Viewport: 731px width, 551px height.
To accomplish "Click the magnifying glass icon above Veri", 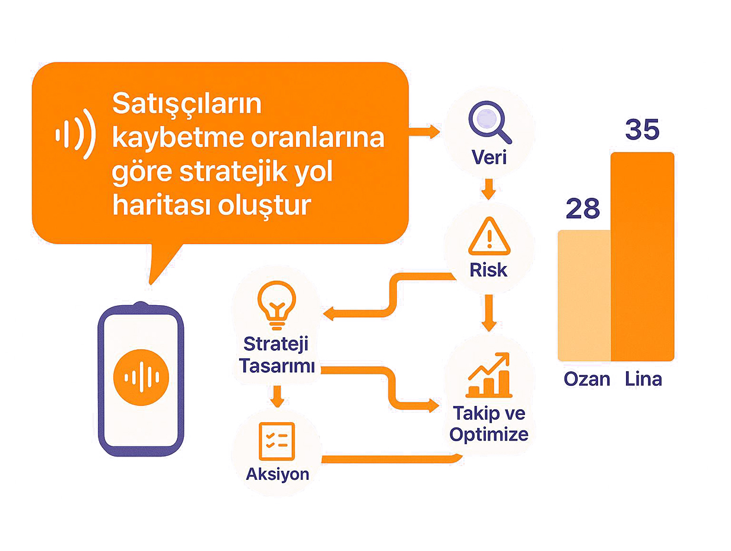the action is tap(490, 122).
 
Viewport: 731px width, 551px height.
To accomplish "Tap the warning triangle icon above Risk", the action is tap(489, 236).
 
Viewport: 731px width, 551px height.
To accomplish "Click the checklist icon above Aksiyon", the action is tap(276, 441).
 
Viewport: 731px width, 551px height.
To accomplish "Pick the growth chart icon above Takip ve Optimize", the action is tap(489, 375).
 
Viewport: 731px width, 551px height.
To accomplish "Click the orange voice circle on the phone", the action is tap(141, 377).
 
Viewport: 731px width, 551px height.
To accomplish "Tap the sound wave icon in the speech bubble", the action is tap(75, 134).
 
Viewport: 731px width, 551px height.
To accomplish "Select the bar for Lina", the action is tap(643, 256).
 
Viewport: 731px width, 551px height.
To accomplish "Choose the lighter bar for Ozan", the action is tap(584, 296).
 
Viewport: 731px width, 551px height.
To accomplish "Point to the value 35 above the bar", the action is tap(642, 129).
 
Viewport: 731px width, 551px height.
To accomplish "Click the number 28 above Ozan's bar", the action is tap(583, 208).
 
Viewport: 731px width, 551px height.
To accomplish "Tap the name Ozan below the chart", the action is tap(587, 379).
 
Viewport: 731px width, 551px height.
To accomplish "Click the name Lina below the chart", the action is tap(643, 379).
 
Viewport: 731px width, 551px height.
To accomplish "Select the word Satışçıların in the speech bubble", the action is tap(187, 105).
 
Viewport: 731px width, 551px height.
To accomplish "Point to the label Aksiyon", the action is tap(278, 474).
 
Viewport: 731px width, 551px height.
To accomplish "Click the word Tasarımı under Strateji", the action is tap(277, 366).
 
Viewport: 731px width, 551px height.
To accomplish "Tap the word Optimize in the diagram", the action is tap(489, 435).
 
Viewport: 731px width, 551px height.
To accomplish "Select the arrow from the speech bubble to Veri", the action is tap(424, 132).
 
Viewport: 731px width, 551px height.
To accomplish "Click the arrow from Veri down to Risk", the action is tap(488, 189).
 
